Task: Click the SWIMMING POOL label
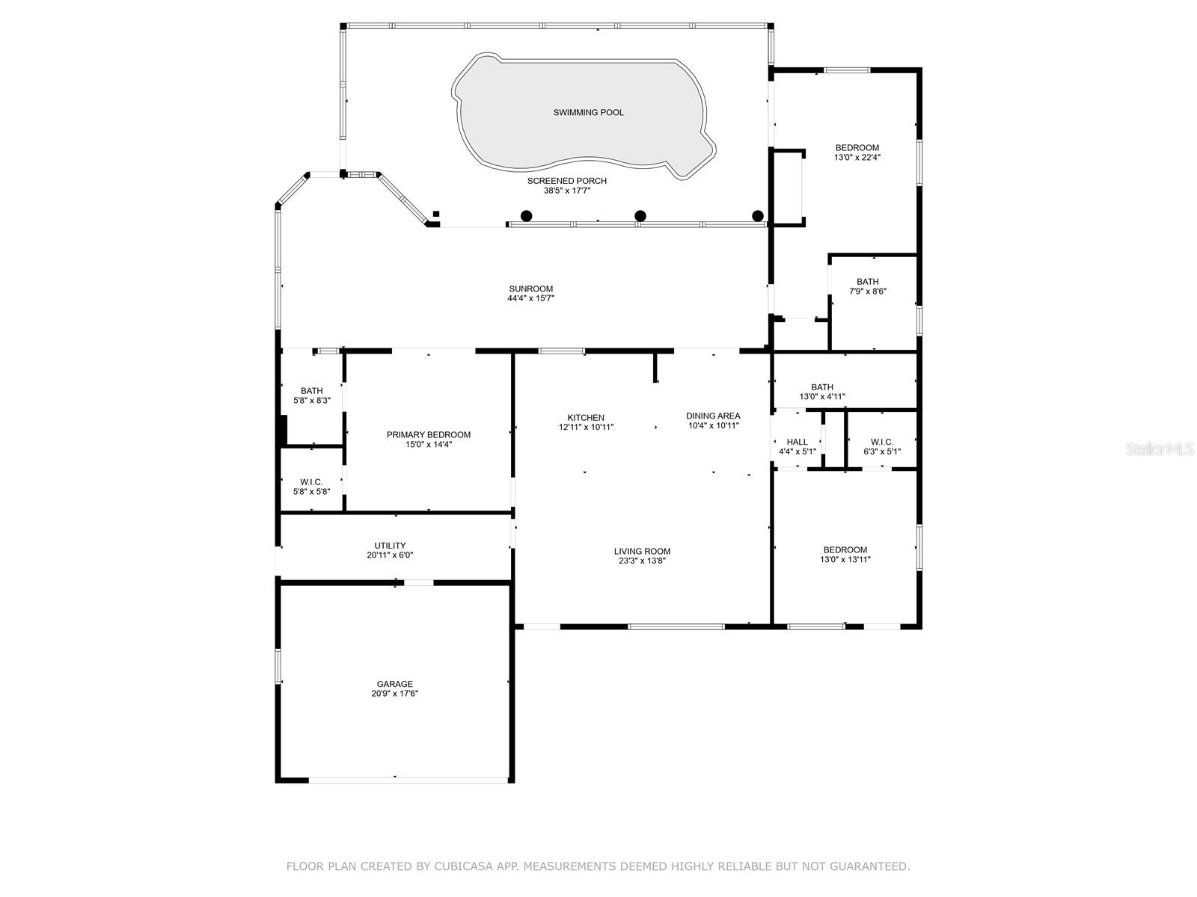588,112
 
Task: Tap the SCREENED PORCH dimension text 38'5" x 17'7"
566,191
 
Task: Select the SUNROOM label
530,289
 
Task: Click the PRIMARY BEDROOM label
428,434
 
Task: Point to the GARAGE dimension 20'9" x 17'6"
394,694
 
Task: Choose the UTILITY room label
390,546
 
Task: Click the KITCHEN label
586,418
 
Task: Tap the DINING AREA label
713,416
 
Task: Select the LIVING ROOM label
642,551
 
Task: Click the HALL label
797,442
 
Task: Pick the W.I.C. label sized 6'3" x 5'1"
881,442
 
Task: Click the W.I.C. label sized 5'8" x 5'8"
311,482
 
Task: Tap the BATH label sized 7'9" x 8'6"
867,282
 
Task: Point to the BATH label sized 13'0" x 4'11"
821,387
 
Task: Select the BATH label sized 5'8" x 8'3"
311,390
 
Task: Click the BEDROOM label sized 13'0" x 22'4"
857,147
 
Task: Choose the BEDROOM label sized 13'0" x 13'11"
845,549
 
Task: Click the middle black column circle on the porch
640,215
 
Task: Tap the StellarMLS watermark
1160,449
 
